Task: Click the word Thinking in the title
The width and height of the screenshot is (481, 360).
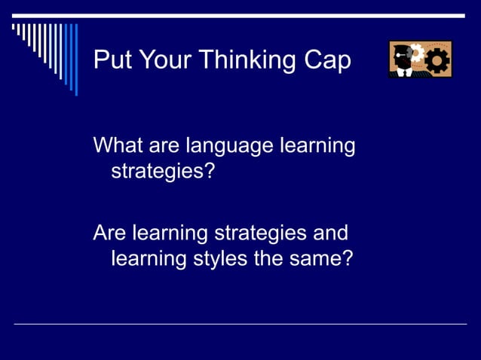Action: pyautogui.click(x=248, y=60)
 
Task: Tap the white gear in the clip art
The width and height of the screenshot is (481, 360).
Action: pyautogui.click(x=415, y=54)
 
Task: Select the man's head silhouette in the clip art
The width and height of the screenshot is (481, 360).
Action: pyautogui.click(x=399, y=60)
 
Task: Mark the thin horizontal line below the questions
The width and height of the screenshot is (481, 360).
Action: pyautogui.click(x=240, y=324)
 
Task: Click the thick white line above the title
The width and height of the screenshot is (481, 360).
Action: pyautogui.click(x=240, y=15)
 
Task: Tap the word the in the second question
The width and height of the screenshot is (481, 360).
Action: pyautogui.click(x=274, y=258)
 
